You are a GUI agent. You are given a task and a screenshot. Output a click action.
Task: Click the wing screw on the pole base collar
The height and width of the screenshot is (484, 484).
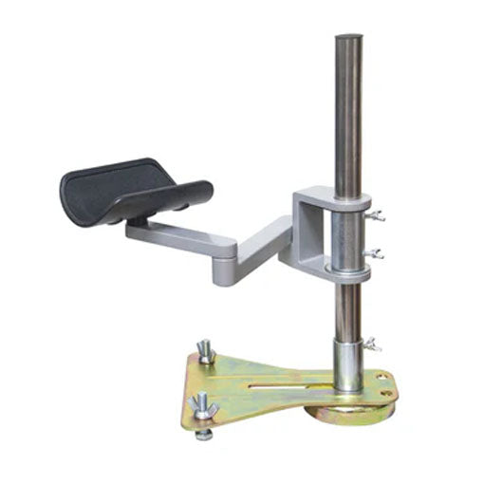click(373, 343)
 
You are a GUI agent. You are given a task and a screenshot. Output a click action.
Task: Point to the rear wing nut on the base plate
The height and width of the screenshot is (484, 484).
click(206, 352)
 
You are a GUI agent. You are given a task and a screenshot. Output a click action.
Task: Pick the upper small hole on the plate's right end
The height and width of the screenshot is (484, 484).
click(382, 377)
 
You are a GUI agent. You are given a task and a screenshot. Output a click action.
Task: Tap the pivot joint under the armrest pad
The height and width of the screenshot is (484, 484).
click(138, 220)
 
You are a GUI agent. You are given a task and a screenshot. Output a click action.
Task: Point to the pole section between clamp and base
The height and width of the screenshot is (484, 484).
click(348, 308)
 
